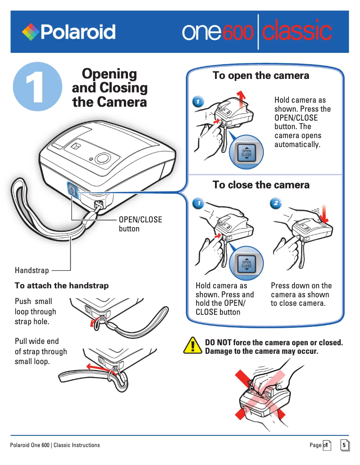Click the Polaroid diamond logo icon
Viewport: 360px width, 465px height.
point(30,32)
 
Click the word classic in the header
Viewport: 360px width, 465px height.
point(297,32)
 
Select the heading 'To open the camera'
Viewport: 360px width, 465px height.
point(261,75)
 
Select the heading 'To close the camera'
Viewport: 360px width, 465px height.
point(261,185)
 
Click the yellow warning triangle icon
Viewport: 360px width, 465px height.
point(193,345)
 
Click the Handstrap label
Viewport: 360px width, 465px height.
point(32,270)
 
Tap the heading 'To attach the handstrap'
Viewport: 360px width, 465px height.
point(61,286)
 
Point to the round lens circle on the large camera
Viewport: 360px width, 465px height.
point(103,158)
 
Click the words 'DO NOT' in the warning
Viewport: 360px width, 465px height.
point(218,343)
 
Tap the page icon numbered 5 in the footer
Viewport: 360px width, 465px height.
point(344,445)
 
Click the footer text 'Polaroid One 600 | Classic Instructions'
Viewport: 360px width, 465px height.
point(55,445)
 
